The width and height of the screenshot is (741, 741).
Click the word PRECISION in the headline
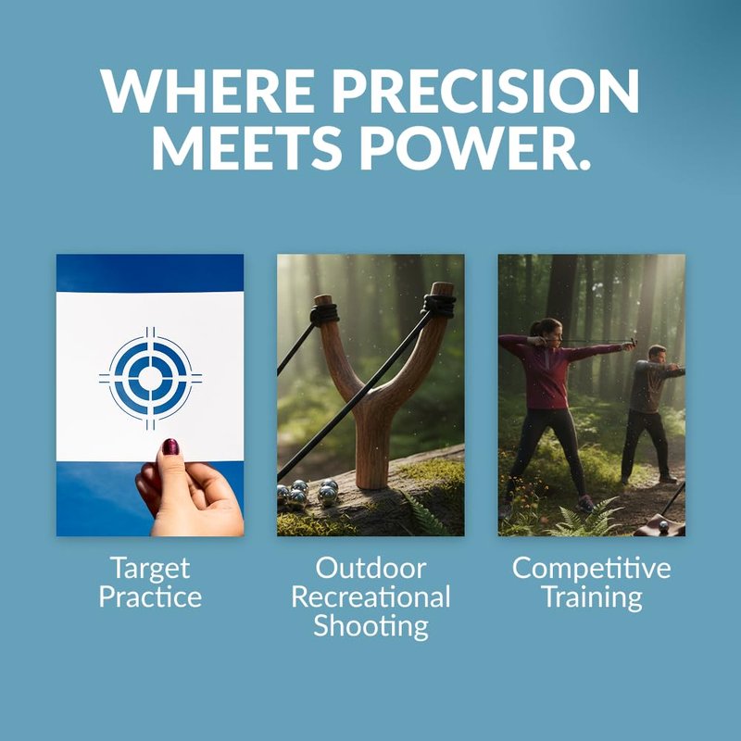pos(485,91)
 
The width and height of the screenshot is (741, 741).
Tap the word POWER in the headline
pos(476,147)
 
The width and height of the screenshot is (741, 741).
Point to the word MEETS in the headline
pos(246,147)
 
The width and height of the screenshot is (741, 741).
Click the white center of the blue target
pos(150,378)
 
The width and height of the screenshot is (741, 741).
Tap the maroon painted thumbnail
pos(170,446)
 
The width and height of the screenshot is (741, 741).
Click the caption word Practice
pos(150,597)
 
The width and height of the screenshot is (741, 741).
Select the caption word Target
pos(150,569)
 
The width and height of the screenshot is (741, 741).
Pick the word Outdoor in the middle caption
pos(371,568)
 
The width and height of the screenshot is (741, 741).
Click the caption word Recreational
pos(371,597)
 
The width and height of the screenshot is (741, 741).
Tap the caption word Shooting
pos(371,626)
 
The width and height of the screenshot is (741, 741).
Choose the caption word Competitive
pos(592,568)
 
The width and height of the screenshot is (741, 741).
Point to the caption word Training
pos(592,597)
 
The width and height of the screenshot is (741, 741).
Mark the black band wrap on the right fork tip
pos(439,306)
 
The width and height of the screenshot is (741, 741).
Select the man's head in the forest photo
pos(657,355)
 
